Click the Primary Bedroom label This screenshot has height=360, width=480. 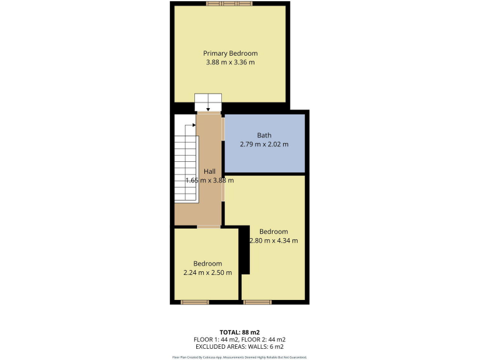tap(230, 53)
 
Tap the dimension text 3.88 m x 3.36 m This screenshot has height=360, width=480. tap(230, 62)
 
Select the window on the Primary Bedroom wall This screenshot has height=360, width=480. tap(230, 4)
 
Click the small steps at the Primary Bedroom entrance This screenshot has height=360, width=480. tap(208, 102)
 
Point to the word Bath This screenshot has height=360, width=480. tap(264, 135)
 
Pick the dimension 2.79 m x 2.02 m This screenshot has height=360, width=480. tap(264, 144)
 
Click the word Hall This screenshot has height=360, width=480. tap(209, 171)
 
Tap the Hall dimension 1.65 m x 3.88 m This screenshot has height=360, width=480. tap(209, 181)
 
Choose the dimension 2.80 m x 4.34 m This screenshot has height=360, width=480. tap(274, 241)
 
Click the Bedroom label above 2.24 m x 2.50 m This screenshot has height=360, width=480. tap(207, 263)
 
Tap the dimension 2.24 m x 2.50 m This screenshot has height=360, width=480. tap(207, 272)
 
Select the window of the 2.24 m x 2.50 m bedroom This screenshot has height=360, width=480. tap(194, 302)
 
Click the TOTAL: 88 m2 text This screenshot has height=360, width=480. tap(240, 332)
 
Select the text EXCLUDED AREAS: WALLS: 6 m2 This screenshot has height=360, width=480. tap(240, 346)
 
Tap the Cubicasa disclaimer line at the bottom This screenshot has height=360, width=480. tap(240, 357)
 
